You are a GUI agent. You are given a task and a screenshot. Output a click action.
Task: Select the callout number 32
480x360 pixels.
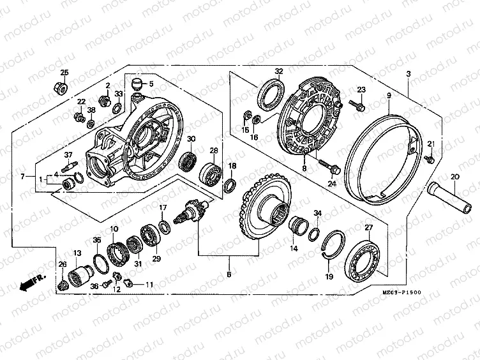tap(279, 71)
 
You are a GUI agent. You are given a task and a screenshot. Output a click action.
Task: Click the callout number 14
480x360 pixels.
tap(295, 248)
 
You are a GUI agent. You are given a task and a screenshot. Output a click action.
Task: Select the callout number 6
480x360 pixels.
tap(229, 275)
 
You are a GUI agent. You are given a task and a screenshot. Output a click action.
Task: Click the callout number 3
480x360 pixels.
tap(407, 75)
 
